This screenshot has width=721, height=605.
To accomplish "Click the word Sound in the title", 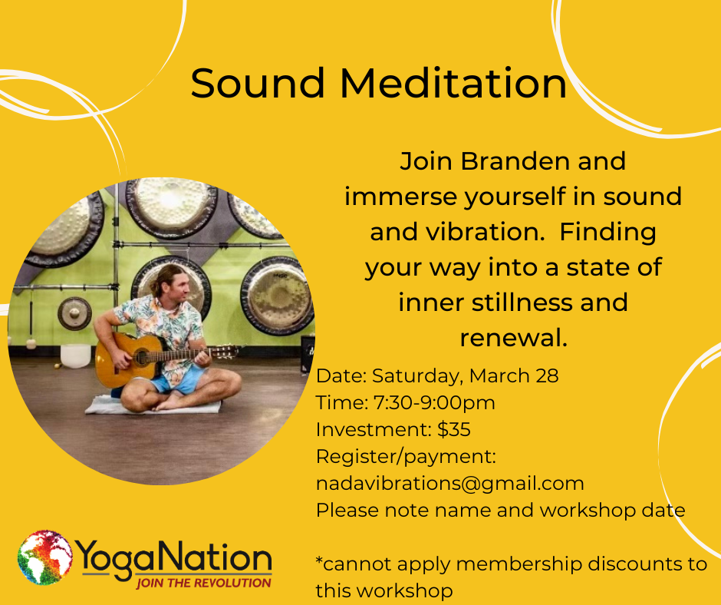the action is [258, 83].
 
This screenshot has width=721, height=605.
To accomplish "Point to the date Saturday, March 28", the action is [465, 376].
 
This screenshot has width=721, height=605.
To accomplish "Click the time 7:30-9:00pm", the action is [434, 403].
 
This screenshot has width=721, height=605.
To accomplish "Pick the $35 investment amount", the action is [454, 430].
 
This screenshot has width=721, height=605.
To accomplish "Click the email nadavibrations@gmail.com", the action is [449, 484].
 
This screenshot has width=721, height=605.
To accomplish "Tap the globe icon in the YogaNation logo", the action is [44, 557].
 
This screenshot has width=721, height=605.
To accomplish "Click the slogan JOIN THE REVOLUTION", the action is [203, 583].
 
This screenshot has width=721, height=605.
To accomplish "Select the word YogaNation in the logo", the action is [175, 558].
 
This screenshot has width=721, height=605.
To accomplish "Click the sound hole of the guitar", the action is [142, 357].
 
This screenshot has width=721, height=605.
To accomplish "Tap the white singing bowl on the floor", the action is [75, 355].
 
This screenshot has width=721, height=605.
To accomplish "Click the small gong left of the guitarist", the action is [74, 313].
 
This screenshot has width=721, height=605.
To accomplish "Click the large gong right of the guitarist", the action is [277, 295].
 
